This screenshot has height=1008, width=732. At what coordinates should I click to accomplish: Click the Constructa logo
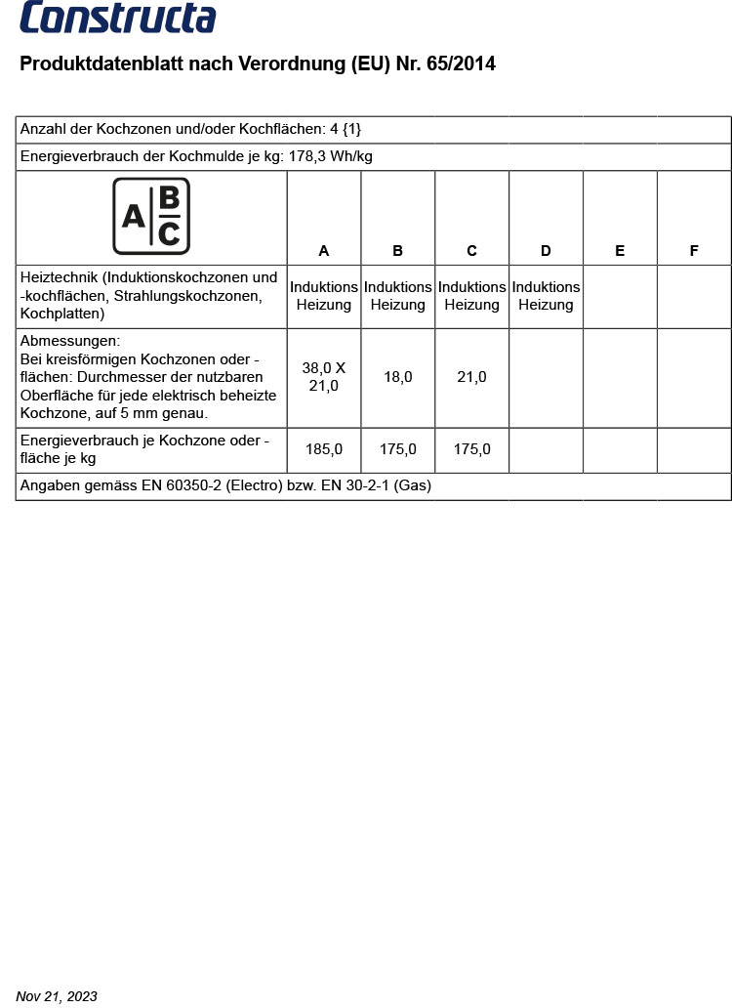(x=118, y=18)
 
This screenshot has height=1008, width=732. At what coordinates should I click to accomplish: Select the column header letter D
(x=546, y=251)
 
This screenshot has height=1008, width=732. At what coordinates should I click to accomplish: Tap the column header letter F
(x=694, y=251)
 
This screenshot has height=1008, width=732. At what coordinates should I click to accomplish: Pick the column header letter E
(x=620, y=251)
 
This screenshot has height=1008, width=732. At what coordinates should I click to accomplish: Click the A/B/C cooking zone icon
(x=151, y=216)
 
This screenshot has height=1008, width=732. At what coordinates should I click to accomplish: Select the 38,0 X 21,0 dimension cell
(x=324, y=377)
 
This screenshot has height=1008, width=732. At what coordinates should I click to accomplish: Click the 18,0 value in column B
(x=398, y=377)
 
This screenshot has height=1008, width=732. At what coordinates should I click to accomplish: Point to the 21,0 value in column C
(x=471, y=377)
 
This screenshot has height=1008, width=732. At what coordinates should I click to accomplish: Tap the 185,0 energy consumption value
(x=324, y=449)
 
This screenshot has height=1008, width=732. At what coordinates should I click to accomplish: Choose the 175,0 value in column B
(x=398, y=449)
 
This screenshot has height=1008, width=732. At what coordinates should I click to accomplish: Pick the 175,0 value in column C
(x=471, y=449)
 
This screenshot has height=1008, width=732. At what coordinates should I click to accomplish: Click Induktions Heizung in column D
(x=546, y=296)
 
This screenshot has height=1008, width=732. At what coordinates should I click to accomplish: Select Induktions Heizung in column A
(x=324, y=296)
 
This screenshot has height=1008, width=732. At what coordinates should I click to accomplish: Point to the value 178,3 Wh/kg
(x=331, y=156)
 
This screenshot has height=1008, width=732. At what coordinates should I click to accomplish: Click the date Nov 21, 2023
(x=58, y=996)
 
